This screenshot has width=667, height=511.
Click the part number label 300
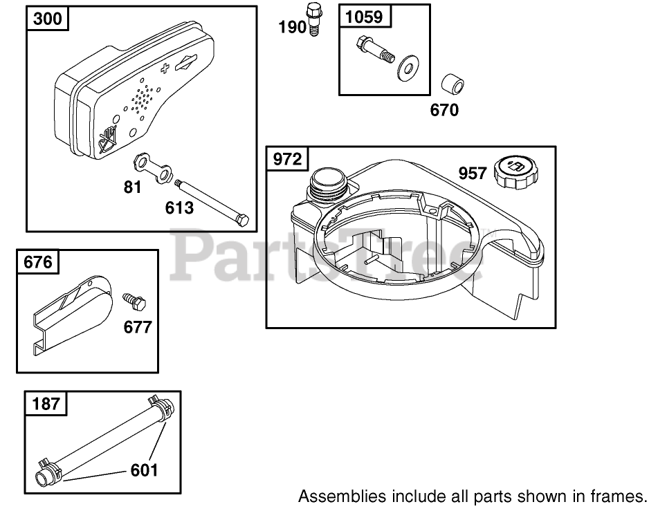(x=47, y=19)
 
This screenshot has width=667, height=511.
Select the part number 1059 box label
(x=364, y=16)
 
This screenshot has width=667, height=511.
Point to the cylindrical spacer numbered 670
(x=453, y=85)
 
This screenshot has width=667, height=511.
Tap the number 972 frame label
(x=287, y=159)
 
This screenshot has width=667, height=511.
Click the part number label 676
(x=37, y=263)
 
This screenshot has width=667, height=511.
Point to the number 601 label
(x=144, y=470)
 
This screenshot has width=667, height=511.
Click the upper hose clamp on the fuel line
(x=161, y=405)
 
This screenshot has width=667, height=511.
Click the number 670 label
(x=444, y=110)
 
